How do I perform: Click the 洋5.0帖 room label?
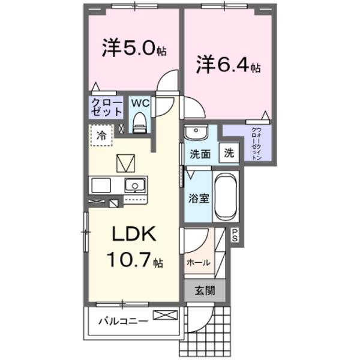click(133, 49)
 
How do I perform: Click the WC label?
click(139, 102)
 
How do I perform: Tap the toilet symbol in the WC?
click(139, 121)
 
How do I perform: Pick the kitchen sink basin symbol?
click(135, 185)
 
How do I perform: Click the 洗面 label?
click(200, 154)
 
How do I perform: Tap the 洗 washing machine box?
click(229, 152)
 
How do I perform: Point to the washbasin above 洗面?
click(195, 133)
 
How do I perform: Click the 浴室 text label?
click(199, 199)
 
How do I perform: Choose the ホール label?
click(198, 262)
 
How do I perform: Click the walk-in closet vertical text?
click(254, 142)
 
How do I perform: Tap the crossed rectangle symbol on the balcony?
click(166, 315)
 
